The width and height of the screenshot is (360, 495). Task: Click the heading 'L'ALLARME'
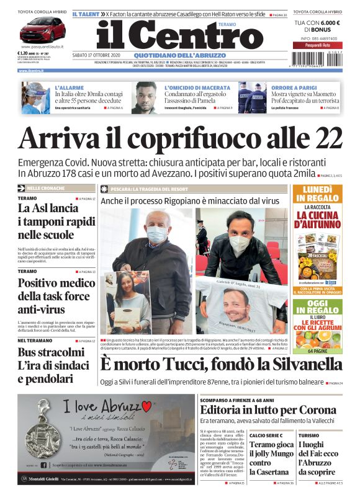[x=70, y=88]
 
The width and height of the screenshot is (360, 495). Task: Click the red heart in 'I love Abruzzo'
[x=146, y=406]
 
